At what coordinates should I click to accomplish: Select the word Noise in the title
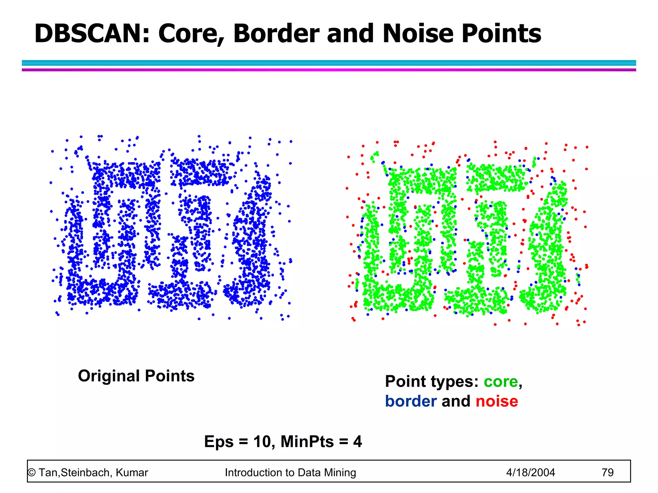coord(418,33)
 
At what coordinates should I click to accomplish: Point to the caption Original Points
coord(136,376)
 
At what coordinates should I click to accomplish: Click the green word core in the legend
coord(501,382)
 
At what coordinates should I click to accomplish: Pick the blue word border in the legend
coord(411,401)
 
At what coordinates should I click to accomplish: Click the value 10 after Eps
coord(262,442)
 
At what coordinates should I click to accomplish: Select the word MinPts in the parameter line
coord(307,442)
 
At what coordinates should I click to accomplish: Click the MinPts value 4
coord(358,442)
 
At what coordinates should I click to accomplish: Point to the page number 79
coord(607,472)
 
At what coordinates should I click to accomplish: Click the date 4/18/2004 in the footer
coord(530,472)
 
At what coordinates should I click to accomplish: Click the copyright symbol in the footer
coord(31,473)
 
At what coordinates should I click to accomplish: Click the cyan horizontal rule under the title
coord(329,63)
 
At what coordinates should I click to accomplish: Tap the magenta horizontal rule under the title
coord(329,70)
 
